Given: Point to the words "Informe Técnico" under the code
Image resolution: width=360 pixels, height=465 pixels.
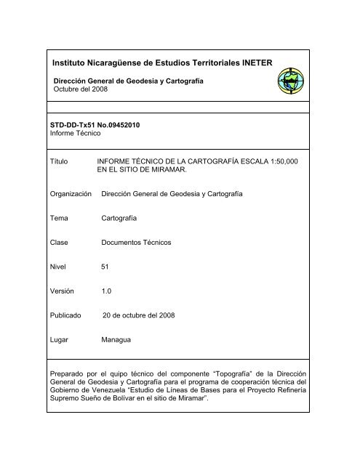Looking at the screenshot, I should click(x=73, y=134).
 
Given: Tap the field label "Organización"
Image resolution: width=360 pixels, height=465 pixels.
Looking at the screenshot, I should click(x=71, y=195).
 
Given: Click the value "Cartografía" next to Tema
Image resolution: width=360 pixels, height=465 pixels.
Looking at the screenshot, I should click(x=120, y=217).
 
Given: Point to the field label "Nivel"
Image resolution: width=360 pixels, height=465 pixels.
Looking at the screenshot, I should click(x=58, y=267).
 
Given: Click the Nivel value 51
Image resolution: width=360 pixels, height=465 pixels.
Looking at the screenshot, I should click(x=105, y=267).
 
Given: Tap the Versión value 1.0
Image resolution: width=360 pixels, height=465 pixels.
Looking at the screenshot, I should click(x=107, y=290).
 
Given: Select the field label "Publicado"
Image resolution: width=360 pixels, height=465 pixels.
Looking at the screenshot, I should click(x=66, y=316).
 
